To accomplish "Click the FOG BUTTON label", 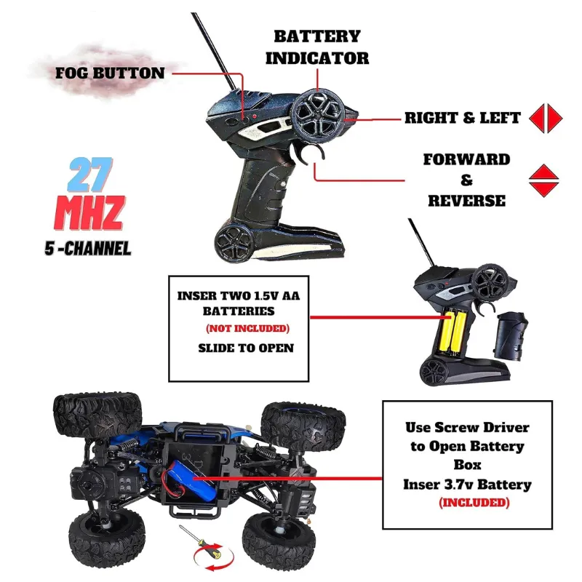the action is tap(110, 73).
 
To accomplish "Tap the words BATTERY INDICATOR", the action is tap(317, 47).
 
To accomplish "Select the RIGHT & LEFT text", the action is tap(463, 118).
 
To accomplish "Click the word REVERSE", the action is tap(466, 201).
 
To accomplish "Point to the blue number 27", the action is tap(90, 175).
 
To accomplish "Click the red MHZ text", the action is tap(89, 212).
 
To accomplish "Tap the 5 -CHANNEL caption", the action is tap(88, 248).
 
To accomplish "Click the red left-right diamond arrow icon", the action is tap(546, 118).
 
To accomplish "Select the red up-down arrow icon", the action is tap(543, 180).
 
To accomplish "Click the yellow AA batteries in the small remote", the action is tap(452, 332).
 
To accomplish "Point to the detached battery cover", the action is tap(511, 337).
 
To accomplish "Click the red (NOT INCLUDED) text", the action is tap(247, 329).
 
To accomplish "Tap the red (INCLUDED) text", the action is tap(474, 503).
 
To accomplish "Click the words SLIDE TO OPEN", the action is tap(246, 348).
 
